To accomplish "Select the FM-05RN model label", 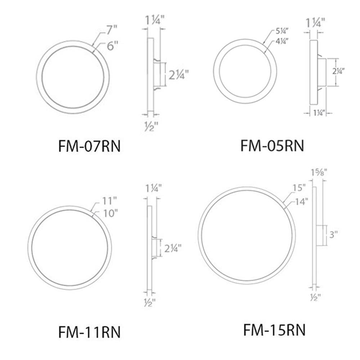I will (272, 146).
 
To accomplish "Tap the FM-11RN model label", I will (89, 332).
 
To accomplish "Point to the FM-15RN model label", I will (274, 330).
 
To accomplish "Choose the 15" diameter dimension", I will (299, 188).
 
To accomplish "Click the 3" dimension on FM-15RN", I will (334, 235).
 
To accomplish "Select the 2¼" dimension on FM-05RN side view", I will (346, 71).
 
